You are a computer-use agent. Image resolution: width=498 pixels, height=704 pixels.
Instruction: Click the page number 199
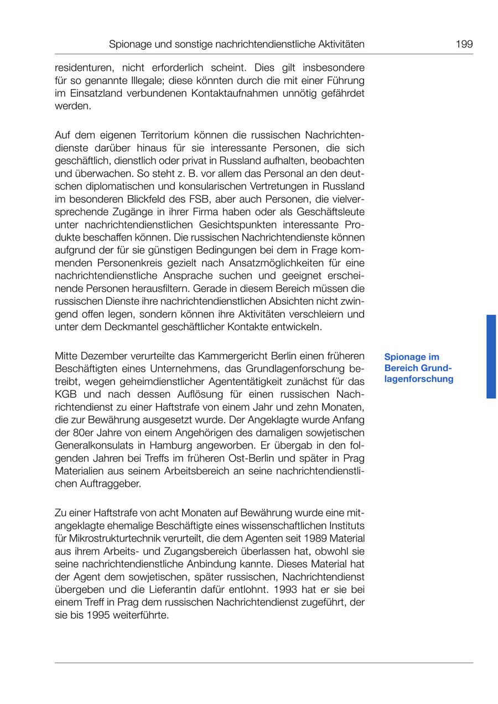[x=464, y=44]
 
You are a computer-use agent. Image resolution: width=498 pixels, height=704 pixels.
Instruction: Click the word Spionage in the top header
[x=130, y=44]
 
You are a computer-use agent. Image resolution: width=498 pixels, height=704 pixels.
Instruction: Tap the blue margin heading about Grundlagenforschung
[x=418, y=368]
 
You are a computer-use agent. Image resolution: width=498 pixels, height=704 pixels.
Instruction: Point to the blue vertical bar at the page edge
[x=491, y=357]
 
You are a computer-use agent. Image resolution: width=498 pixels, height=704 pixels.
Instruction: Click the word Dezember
[x=106, y=356]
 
